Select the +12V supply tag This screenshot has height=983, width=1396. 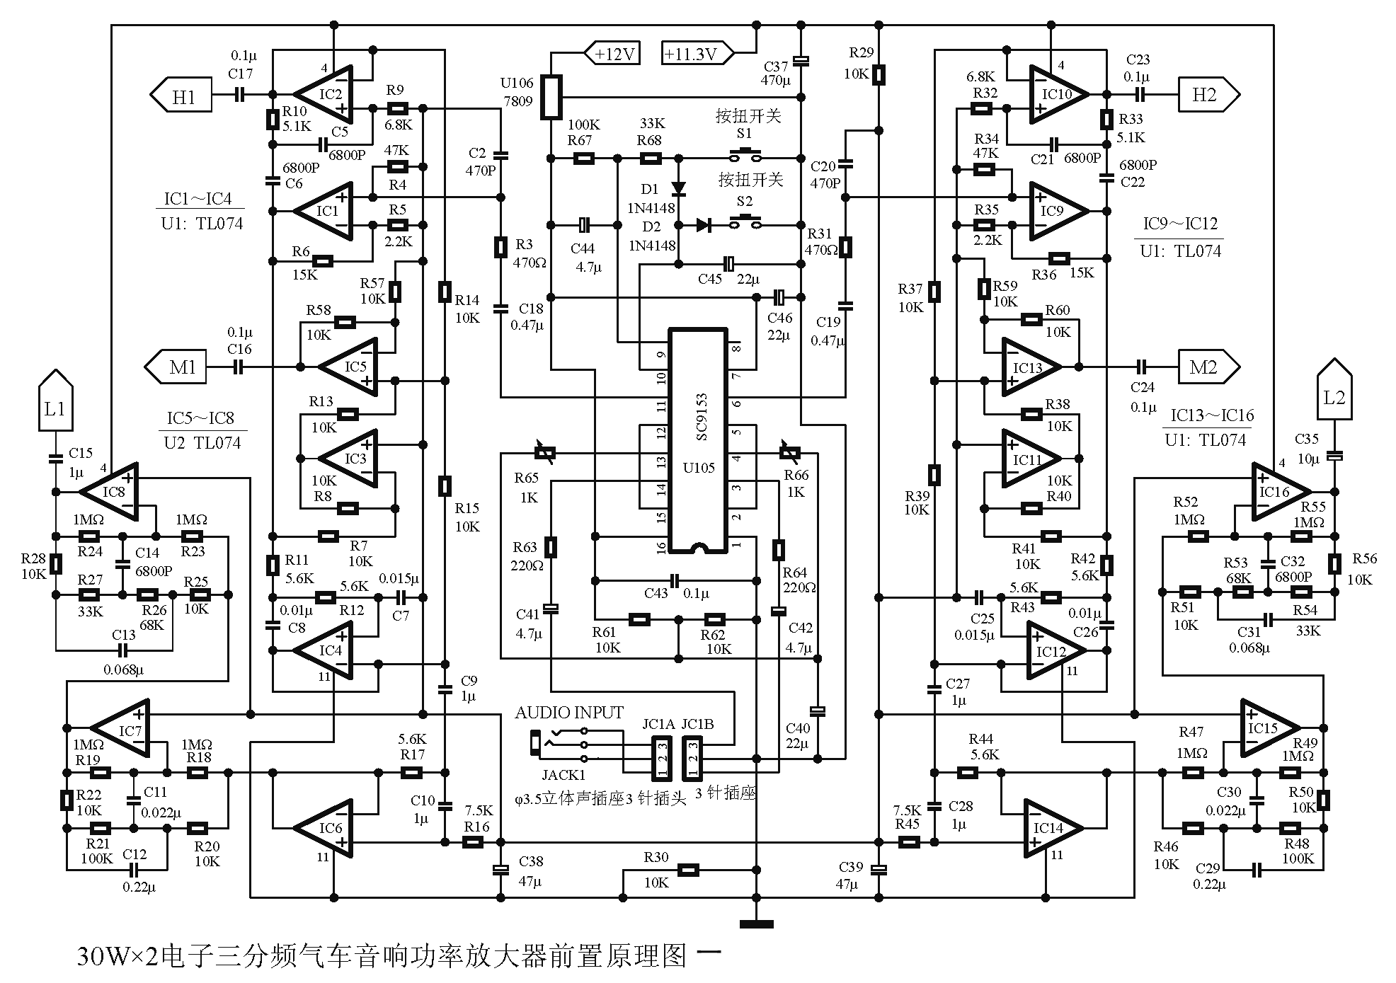pyautogui.click(x=612, y=54)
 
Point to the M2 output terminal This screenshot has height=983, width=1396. pyautogui.click(x=1208, y=367)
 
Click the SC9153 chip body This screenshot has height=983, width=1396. pyautogui.click(x=699, y=440)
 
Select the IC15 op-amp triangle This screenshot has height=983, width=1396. pyautogui.click(x=1269, y=728)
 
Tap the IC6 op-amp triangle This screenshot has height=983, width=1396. pyautogui.click(x=328, y=828)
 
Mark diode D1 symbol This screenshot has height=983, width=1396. pyautogui.click(x=677, y=189)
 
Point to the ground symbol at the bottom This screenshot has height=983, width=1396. pyautogui.click(x=756, y=923)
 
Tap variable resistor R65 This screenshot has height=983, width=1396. pyautogui.click(x=544, y=453)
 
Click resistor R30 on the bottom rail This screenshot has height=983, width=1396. pyautogui.click(x=687, y=870)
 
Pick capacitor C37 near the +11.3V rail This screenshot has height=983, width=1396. pyautogui.click(x=801, y=61)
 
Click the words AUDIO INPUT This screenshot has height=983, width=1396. pyautogui.click(x=569, y=713)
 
